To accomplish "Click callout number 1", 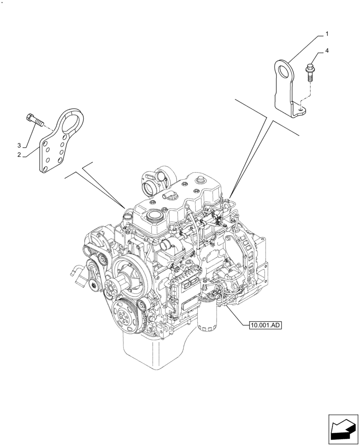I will [x=327, y=34].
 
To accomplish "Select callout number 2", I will [x=19, y=155].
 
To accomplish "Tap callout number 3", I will [x=19, y=145].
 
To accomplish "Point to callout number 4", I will [x=327, y=51].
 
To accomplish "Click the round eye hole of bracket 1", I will [x=282, y=70].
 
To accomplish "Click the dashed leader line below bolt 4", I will [x=308, y=94].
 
